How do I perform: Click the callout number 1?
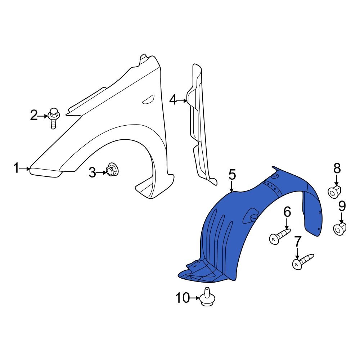16,168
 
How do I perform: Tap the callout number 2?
33,116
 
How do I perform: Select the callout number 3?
93,173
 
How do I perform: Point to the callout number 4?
173,100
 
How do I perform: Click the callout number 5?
232,175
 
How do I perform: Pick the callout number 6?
287,212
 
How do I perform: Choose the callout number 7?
297,242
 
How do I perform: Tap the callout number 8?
337,168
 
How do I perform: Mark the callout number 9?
342,206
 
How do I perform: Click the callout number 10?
183,298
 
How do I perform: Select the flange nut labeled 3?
112,170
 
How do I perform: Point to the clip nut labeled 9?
339,229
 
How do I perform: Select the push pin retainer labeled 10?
207,298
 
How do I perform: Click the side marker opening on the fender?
148,99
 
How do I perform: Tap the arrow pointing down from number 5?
232,186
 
